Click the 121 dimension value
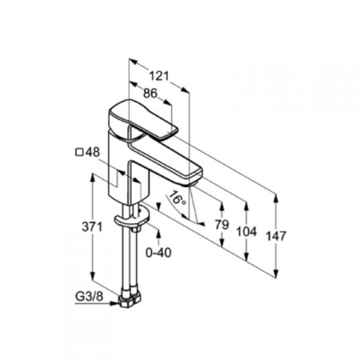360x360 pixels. pyautogui.click(x=159, y=76)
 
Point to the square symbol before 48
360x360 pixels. pyautogui.click(x=80, y=151)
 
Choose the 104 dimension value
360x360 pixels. pyautogui.click(x=248, y=231)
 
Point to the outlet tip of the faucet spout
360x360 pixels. pyautogui.click(x=192, y=174)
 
